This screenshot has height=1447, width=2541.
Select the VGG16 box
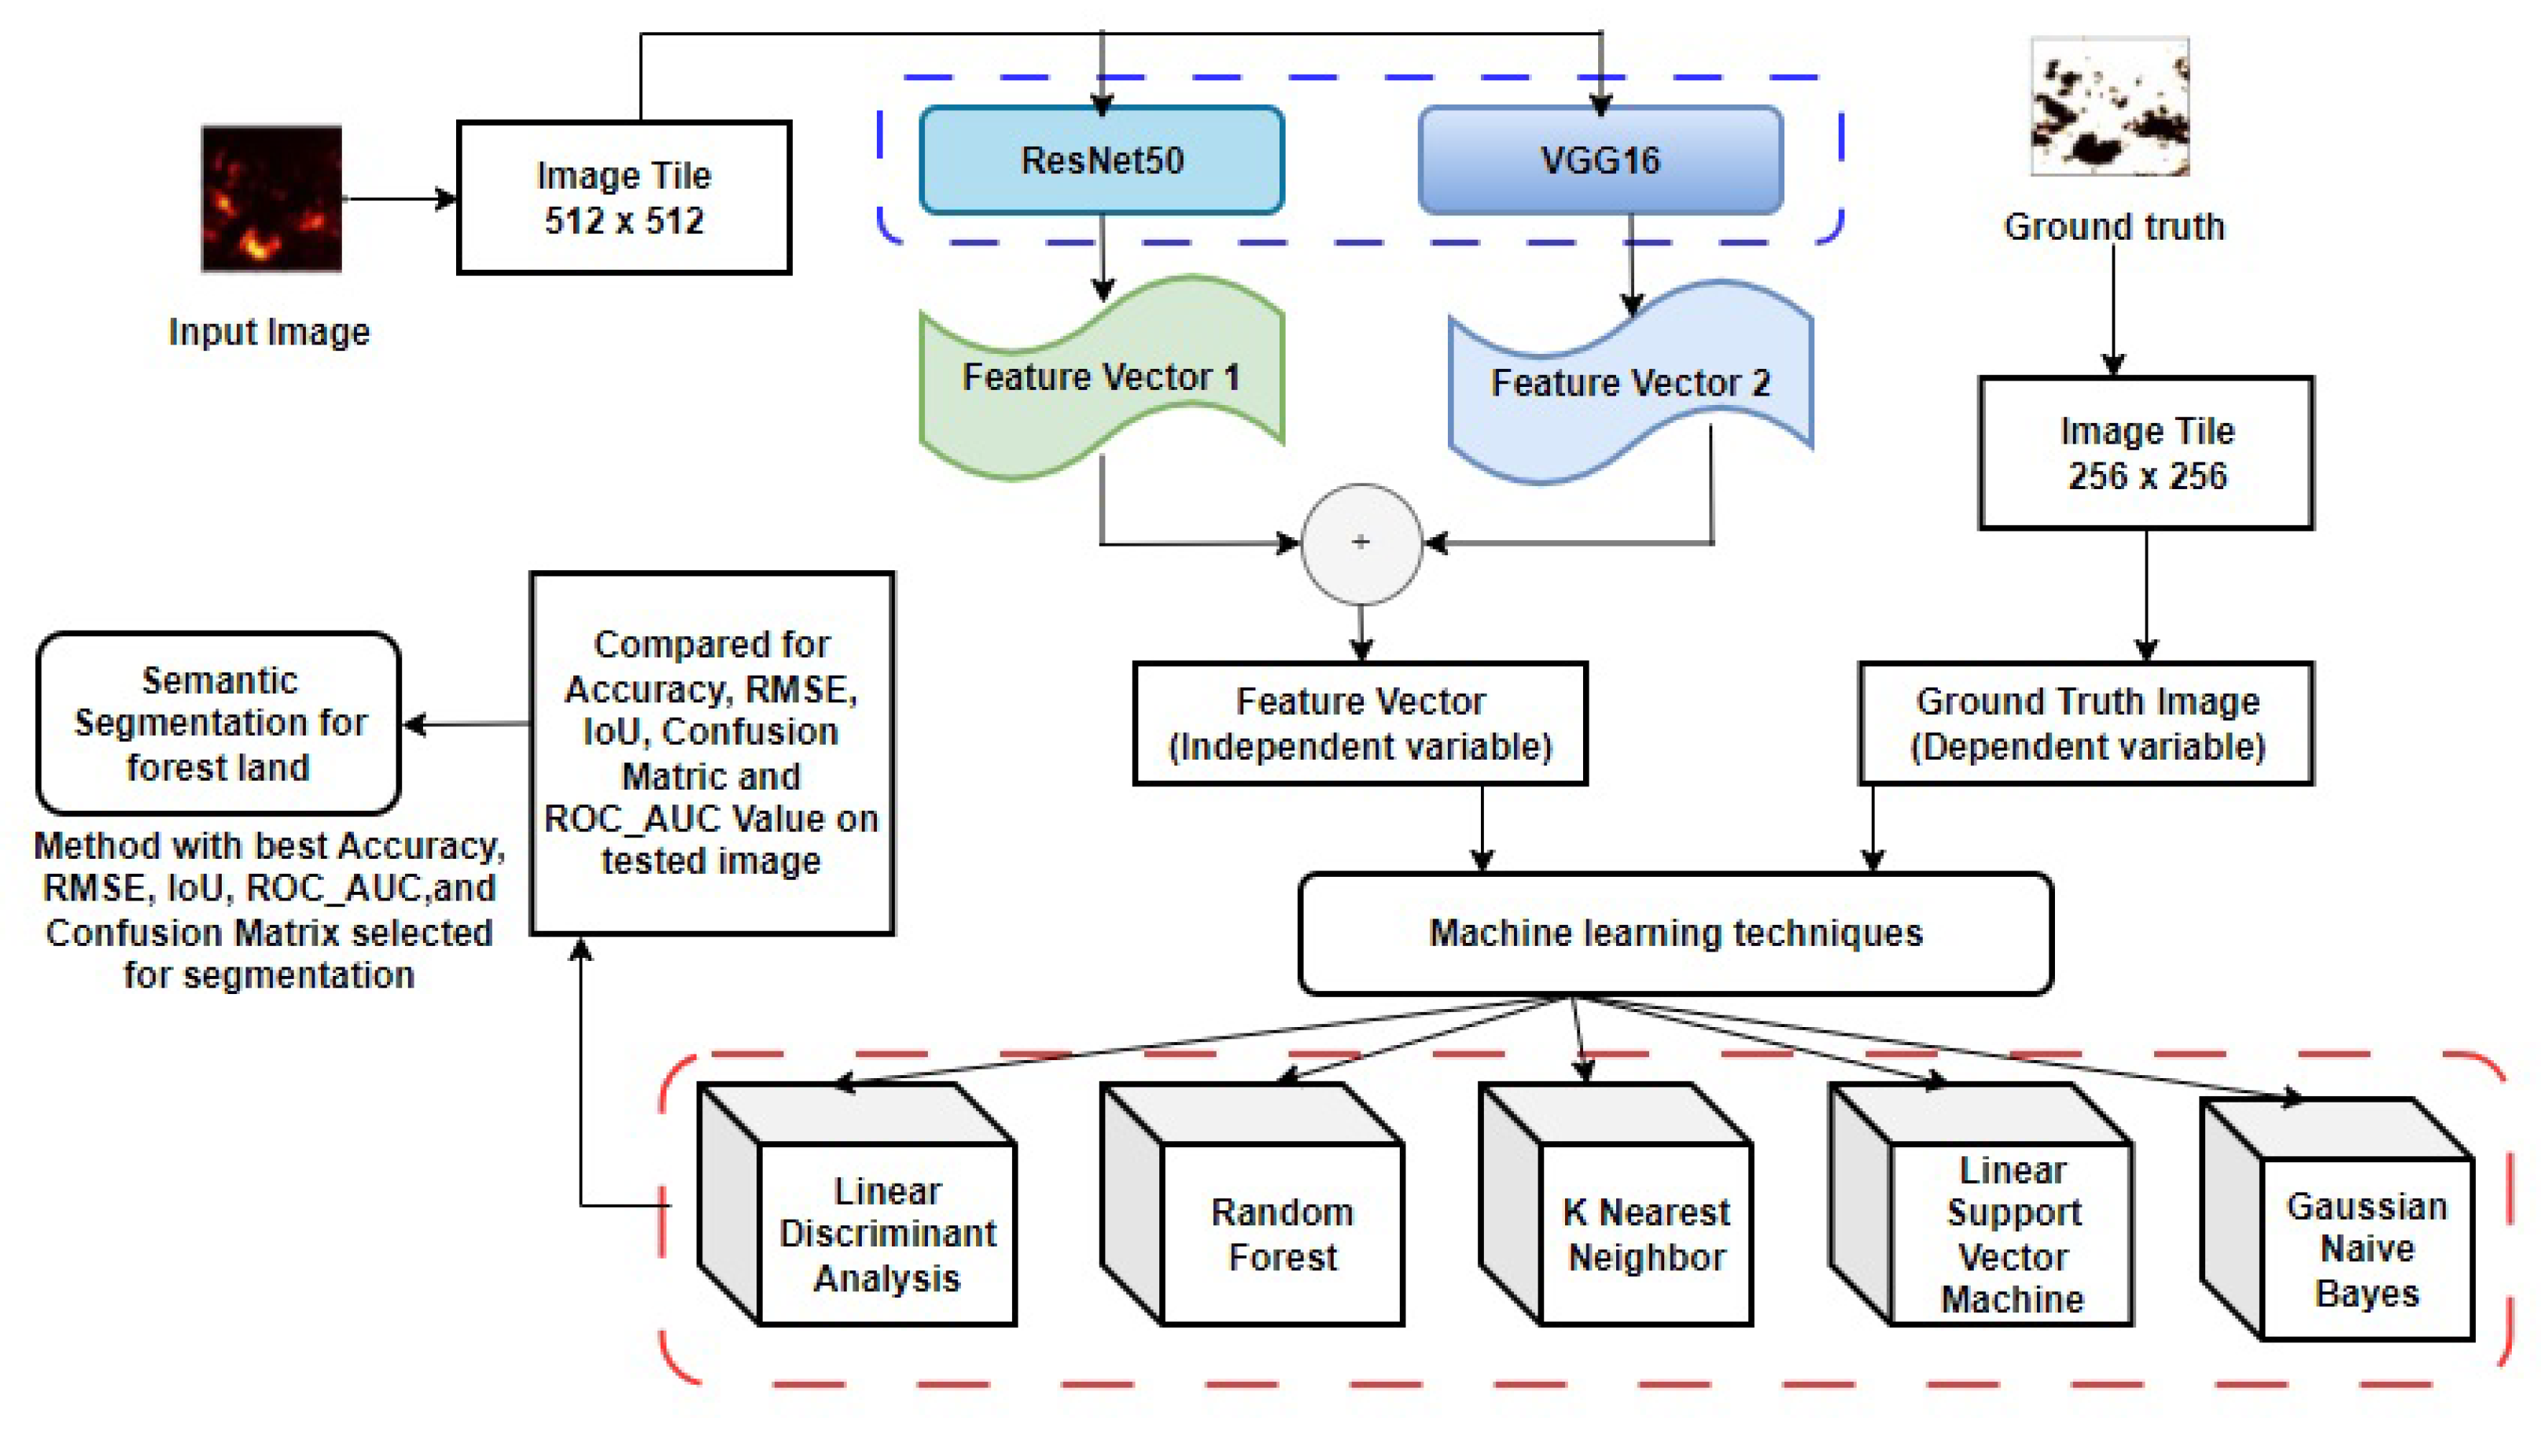pyautogui.click(x=1599, y=160)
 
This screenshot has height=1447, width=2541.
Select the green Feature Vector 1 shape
pyautogui.click(x=1100, y=377)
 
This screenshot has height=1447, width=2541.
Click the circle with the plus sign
pyautogui.click(x=1361, y=543)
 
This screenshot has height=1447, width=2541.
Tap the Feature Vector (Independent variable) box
pyautogui.click(x=1360, y=723)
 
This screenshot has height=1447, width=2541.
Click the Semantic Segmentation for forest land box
pyautogui.click(x=219, y=723)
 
